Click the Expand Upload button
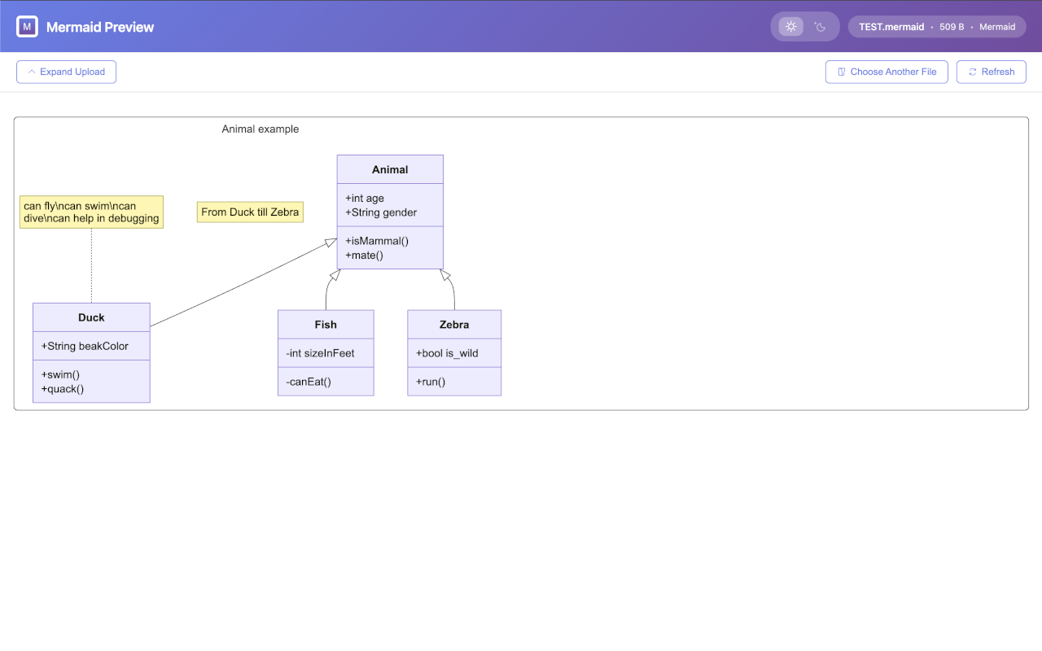(66, 72)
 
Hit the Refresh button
(992, 72)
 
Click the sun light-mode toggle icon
(790, 27)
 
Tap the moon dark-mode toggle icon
(820, 27)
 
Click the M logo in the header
(27, 27)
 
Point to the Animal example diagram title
(260, 129)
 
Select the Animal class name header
(390, 170)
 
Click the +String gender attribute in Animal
(381, 212)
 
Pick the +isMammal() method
(377, 241)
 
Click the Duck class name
(91, 317)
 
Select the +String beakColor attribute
(85, 346)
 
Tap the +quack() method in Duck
(63, 389)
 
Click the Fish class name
(326, 325)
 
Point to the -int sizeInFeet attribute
(320, 353)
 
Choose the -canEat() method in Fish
(309, 382)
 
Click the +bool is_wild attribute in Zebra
(447, 353)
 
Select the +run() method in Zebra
(431, 382)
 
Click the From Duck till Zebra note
(250, 212)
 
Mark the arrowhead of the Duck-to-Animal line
(331, 242)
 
